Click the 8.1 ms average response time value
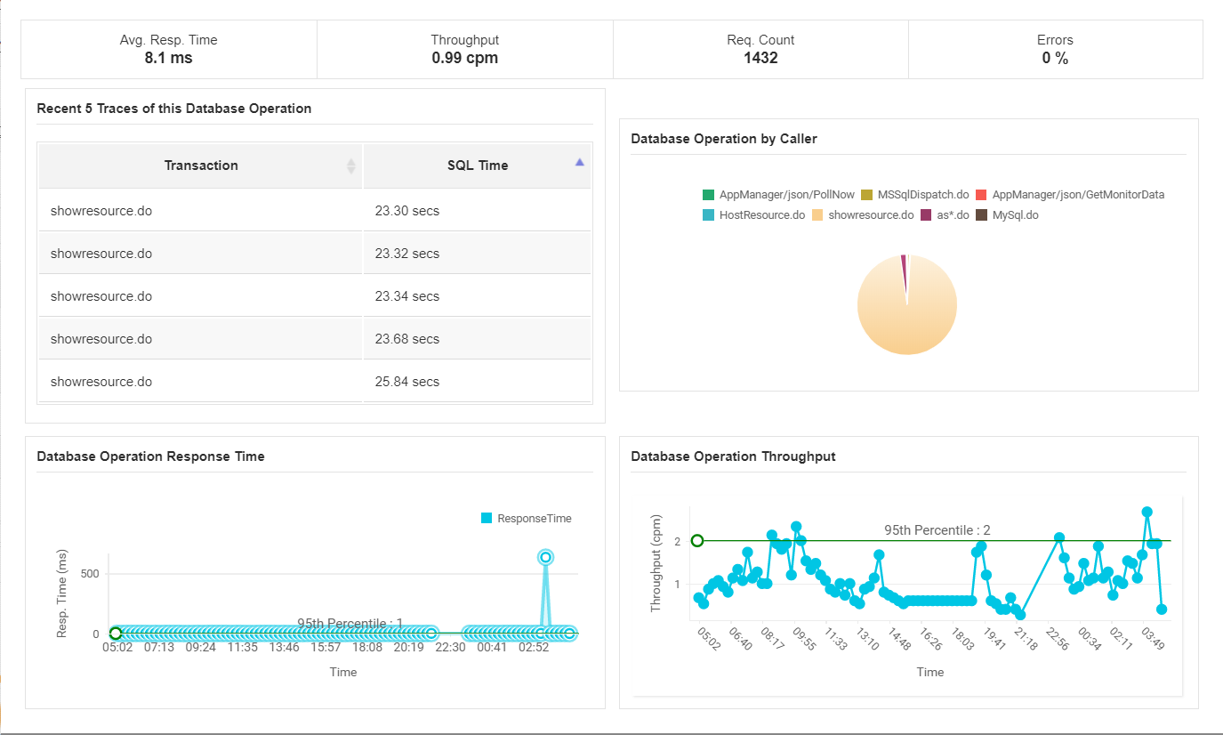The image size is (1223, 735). coord(168,59)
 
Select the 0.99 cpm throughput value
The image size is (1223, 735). coord(464,59)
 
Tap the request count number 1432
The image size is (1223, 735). coord(760,59)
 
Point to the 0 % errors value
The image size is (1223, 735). coord(1055,59)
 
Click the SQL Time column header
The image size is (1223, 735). coord(478,166)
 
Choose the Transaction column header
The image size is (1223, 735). coord(201,166)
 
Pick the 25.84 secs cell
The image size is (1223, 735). coord(407,382)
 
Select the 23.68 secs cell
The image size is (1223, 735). coord(407,339)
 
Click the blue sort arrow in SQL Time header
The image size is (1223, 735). coord(580,162)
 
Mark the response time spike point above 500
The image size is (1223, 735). coord(545,557)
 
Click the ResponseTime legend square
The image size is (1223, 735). coord(487,518)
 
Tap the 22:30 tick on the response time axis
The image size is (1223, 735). coord(450,648)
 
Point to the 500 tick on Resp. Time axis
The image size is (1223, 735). coord(90,573)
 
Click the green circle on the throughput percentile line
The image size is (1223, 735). coord(697,540)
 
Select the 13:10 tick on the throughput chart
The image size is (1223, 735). coord(864,641)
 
